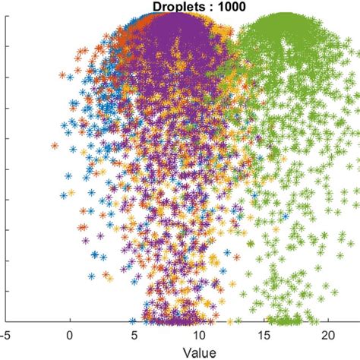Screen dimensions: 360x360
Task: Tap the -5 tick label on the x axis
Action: coord(6,334)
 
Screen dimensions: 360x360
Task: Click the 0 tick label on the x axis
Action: coord(71,334)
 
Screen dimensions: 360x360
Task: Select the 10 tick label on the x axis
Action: coord(199,334)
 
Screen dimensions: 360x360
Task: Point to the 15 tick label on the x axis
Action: coord(264,334)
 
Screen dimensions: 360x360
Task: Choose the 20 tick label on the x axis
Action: coord(328,334)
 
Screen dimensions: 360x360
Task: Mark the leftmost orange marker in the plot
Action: coord(55,146)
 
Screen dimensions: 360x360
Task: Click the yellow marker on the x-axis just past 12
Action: coord(229,320)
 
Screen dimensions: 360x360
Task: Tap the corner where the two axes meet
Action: coord(6,321)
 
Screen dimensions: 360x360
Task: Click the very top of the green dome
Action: coord(283,14)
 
